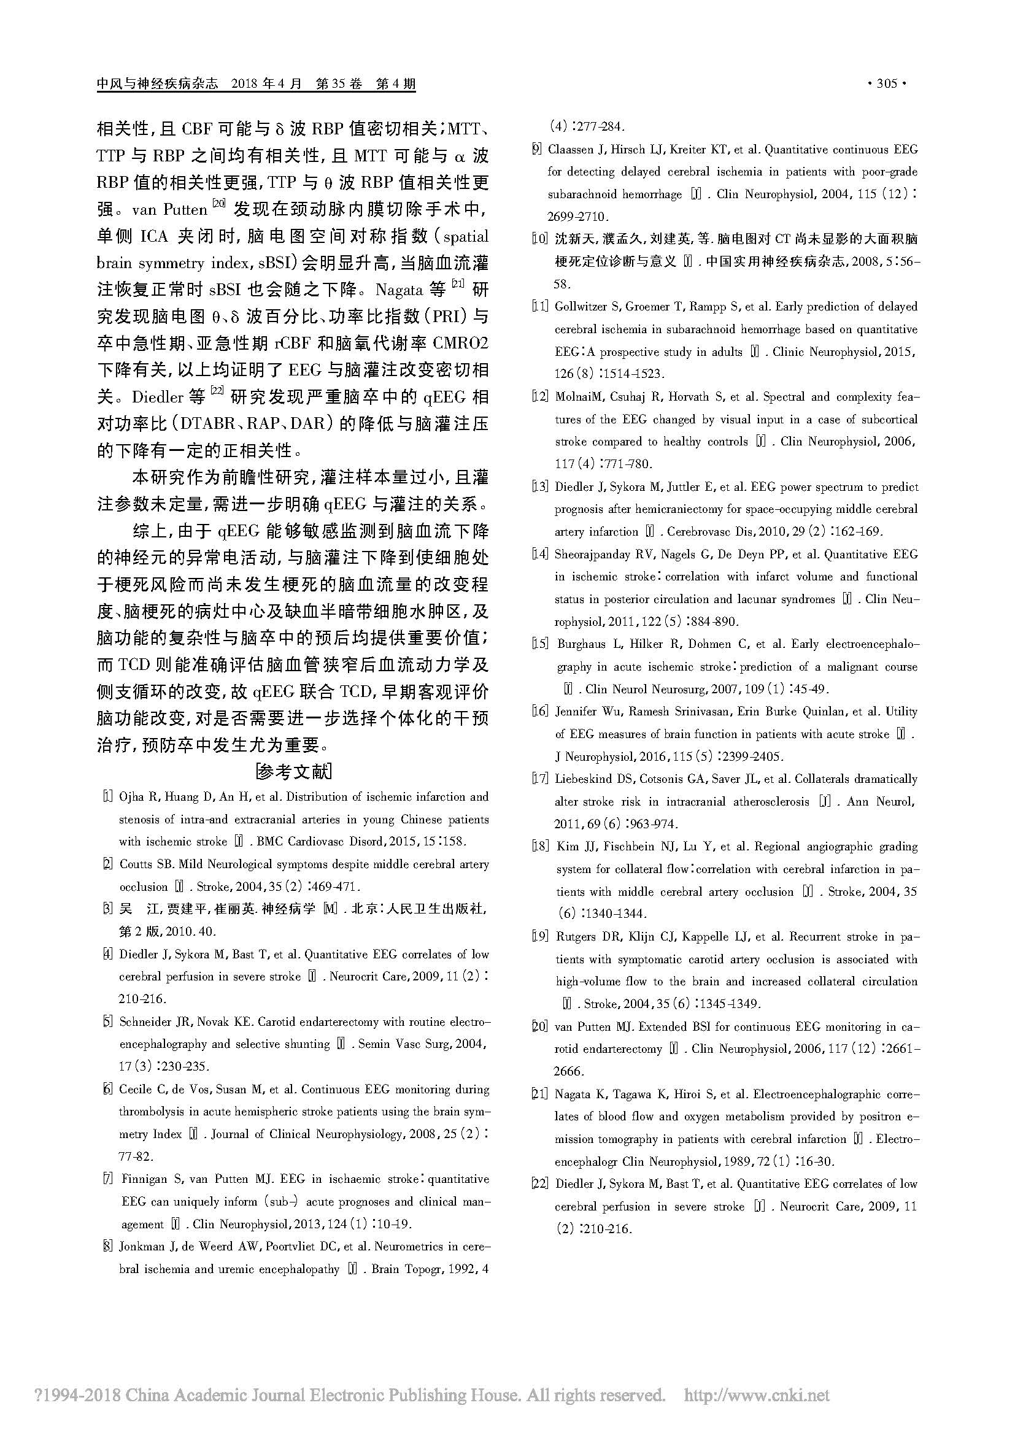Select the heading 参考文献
293,772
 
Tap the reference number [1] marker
107,797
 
